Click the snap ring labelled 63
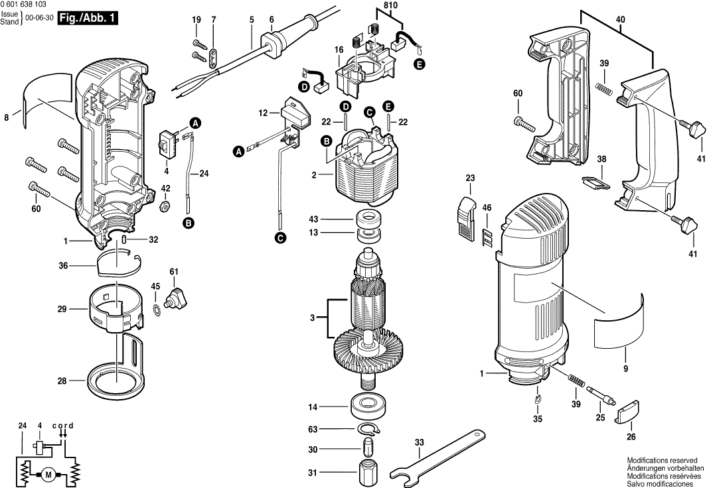pyautogui.click(x=366, y=429)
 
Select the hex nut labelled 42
pyautogui.click(x=166, y=204)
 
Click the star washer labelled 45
pyautogui.click(x=157, y=309)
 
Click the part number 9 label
pyautogui.click(x=625, y=369)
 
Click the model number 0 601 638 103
pyautogui.click(x=28, y=5)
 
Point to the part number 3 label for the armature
pyautogui.click(x=312, y=318)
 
